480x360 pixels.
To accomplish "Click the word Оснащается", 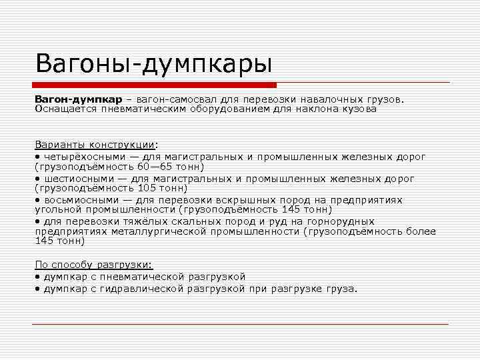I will coord(65,108).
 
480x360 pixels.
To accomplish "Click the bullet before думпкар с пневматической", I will coord(37,277).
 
